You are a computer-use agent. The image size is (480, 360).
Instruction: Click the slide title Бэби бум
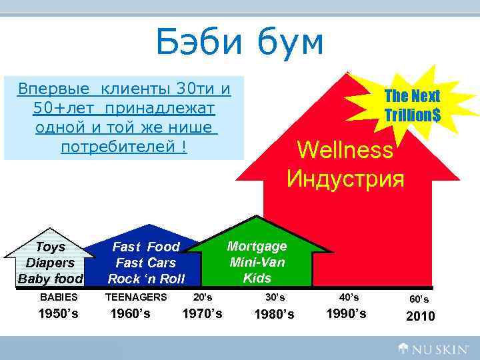click(239, 43)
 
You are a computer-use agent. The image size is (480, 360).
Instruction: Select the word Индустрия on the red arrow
click(345, 179)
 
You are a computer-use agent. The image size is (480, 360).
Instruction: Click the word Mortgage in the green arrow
click(257, 246)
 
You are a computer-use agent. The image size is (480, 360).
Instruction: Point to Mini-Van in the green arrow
click(257, 262)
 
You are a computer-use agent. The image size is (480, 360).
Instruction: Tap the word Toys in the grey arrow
click(51, 247)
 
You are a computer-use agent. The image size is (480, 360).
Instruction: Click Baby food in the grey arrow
click(51, 279)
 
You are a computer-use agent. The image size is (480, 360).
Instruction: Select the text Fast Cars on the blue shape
click(146, 263)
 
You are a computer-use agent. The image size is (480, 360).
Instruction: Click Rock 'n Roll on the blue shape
click(146, 279)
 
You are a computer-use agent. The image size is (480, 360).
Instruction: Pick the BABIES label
click(59, 297)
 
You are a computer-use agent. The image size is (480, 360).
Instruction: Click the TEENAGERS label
click(137, 297)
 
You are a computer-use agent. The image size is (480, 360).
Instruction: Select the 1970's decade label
click(202, 313)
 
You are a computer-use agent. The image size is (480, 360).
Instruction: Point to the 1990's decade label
click(346, 313)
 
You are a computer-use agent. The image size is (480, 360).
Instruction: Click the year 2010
click(420, 316)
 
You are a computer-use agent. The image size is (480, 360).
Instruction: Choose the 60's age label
click(419, 300)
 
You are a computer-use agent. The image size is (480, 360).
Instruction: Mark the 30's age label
click(275, 297)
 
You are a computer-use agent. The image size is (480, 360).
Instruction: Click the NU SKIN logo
click(435, 347)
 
